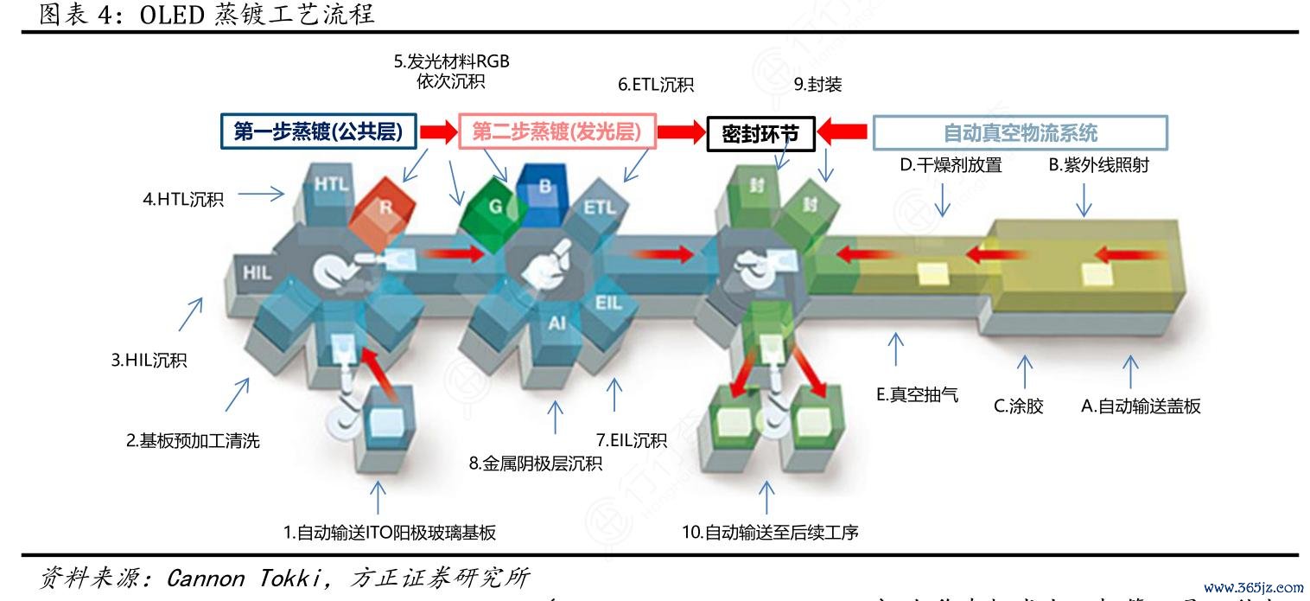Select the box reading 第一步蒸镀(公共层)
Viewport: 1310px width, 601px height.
[319, 132]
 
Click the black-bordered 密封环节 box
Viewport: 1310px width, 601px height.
[760, 134]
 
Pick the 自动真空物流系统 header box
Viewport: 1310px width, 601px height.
[1020, 133]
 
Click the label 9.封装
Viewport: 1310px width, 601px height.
[817, 85]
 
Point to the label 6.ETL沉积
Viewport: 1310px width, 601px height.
[656, 85]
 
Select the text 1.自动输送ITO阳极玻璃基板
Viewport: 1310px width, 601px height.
[390, 533]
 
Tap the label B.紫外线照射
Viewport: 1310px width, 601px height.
[1098, 165]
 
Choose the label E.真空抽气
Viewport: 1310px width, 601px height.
[917, 397]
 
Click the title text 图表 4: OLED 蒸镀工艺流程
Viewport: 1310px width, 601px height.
[207, 15]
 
